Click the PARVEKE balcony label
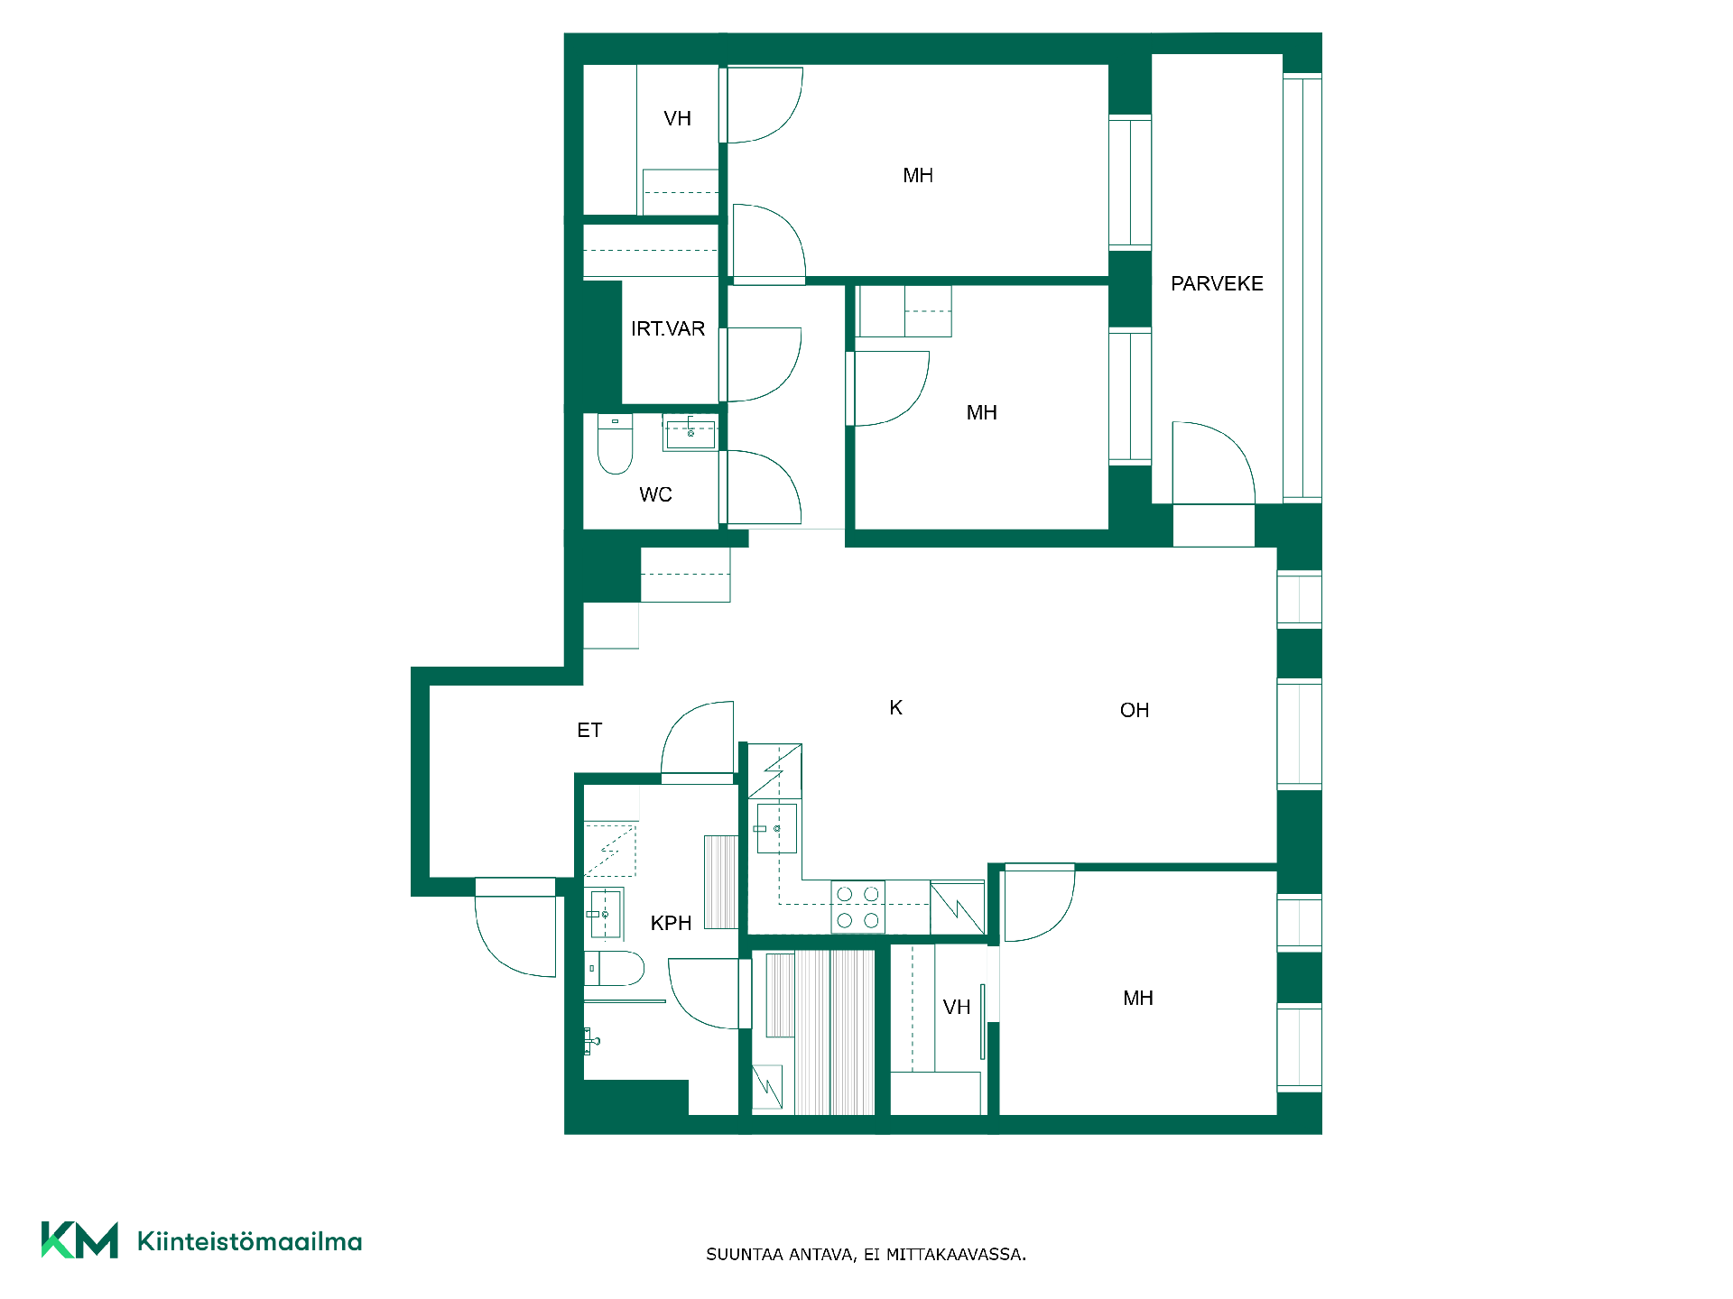(x=1217, y=284)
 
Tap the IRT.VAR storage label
(x=668, y=329)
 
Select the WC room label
(x=656, y=494)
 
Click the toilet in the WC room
(x=615, y=444)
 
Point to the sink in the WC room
(x=690, y=433)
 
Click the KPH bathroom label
(x=671, y=923)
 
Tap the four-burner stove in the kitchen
(x=857, y=907)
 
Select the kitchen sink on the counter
(x=776, y=828)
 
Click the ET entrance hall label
(x=589, y=730)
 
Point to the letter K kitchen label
(x=895, y=708)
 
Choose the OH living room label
(x=1135, y=711)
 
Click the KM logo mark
(x=79, y=1240)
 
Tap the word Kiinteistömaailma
(x=249, y=1241)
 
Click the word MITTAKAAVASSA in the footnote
(x=956, y=1255)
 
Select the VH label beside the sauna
(x=957, y=1008)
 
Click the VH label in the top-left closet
(x=677, y=119)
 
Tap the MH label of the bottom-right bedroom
(x=1138, y=999)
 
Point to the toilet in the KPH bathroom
(x=615, y=968)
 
